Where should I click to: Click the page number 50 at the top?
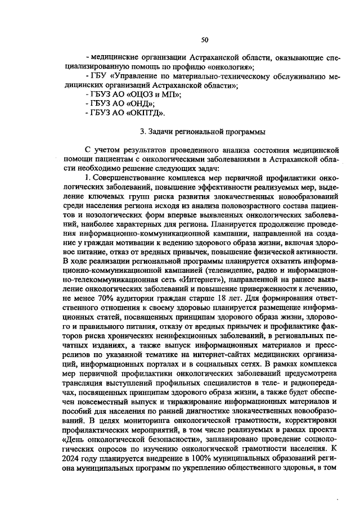[x=204, y=39]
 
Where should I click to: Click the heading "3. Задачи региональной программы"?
[x=204, y=134]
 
